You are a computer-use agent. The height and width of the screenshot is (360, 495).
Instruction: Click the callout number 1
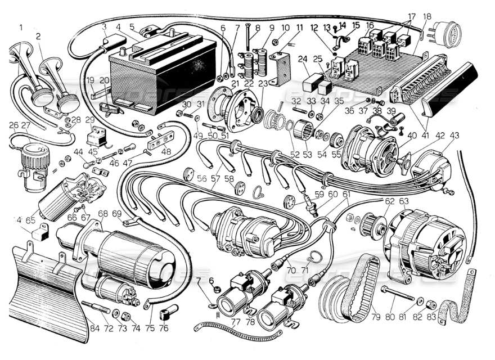coord(21,27)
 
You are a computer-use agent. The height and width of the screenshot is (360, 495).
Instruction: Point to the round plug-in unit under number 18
coord(444,37)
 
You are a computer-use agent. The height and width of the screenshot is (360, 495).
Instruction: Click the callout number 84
coord(93,328)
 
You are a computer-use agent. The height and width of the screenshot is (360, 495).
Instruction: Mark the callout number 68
coord(102,214)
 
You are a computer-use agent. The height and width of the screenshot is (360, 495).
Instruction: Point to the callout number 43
coord(454,135)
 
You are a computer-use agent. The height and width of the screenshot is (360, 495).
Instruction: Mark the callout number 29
coord(90,120)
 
